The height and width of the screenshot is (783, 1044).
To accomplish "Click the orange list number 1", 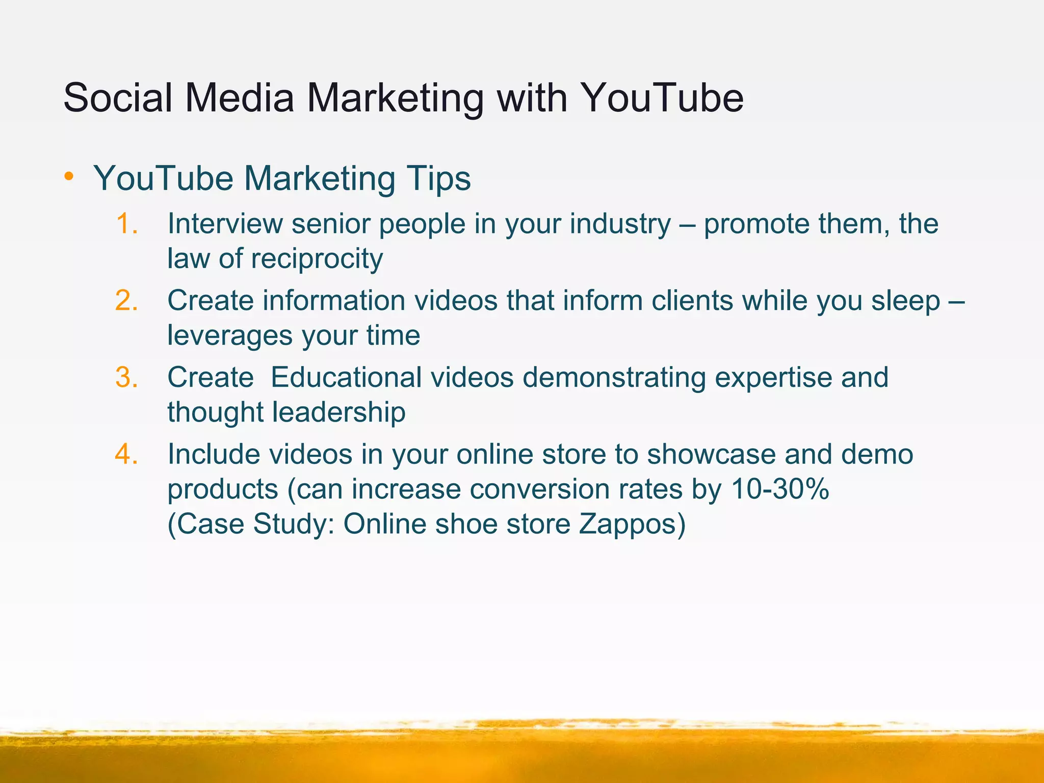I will pyautogui.click(x=126, y=224).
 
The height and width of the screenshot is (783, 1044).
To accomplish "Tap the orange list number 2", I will pyautogui.click(x=126, y=301).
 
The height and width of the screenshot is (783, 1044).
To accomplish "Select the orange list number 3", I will pyautogui.click(x=126, y=378).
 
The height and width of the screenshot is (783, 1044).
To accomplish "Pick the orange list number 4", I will pyautogui.click(x=126, y=454).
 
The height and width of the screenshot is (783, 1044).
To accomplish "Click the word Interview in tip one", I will pyautogui.click(x=224, y=224).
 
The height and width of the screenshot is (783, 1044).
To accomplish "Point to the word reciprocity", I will pyautogui.click(x=317, y=259).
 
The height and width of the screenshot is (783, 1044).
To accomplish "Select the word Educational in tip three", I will pyautogui.click(x=346, y=378).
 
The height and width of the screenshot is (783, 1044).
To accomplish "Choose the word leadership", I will pyautogui.click(x=338, y=412).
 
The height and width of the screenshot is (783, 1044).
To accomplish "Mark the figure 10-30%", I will pyautogui.click(x=780, y=489).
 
